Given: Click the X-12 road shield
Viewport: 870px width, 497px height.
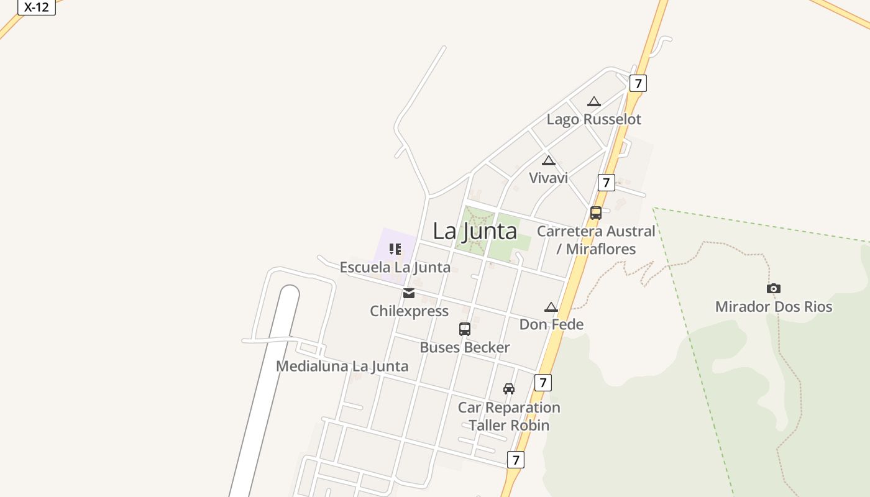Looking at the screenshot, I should point(37,7).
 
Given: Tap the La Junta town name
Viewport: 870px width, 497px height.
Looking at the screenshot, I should point(475,231).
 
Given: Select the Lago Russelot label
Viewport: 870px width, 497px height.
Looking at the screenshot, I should point(593,119).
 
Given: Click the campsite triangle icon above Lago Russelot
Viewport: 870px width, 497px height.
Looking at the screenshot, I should point(594,101).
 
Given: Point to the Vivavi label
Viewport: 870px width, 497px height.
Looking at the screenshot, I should point(548,178).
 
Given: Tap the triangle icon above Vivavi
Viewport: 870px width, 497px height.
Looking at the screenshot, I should point(548,161).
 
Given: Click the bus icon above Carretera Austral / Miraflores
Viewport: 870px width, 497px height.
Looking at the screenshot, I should point(595,213).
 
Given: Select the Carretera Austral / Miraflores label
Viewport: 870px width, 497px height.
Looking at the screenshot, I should point(596,240).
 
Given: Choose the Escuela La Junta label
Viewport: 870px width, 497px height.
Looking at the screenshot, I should point(395,267).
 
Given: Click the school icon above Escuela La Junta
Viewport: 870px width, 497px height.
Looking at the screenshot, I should point(395,249).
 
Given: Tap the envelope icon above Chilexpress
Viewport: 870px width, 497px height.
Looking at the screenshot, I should point(409,293).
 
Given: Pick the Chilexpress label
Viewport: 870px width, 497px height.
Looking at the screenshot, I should point(409,311).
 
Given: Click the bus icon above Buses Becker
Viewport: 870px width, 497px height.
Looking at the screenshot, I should point(465,329).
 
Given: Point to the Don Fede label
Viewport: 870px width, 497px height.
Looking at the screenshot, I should point(551,324).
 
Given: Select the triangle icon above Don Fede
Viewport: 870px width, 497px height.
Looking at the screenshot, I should point(551,307).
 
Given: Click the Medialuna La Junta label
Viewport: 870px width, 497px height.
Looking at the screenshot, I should point(342,366).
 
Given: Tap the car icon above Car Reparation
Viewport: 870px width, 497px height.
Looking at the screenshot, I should point(509,389).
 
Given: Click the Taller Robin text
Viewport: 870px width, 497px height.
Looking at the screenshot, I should point(509,426).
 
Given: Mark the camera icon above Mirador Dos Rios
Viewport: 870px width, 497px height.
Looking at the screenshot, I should point(774,288).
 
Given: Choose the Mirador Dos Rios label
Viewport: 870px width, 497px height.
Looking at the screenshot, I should point(773,306).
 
